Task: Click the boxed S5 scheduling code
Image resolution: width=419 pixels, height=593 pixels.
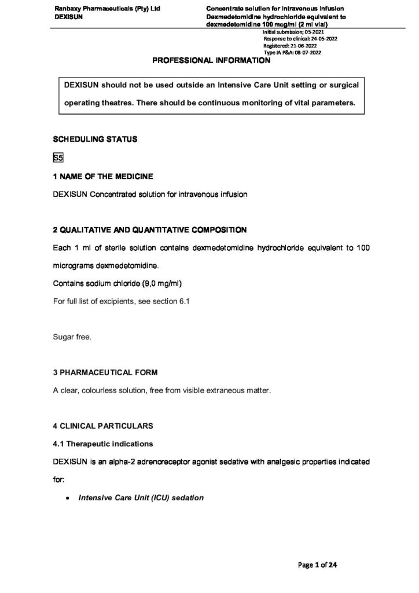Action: click(x=58, y=158)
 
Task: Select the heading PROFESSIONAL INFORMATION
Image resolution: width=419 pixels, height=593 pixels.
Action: click(x=210, y=60)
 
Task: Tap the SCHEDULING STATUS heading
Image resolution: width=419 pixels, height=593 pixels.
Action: click(x=95, y=140)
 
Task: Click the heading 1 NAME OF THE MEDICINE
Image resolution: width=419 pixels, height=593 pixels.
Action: click(x=103, y=176)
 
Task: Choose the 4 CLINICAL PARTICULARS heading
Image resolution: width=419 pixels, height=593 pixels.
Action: click(x=103, y=426)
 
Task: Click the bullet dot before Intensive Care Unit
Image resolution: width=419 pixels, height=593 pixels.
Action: click(x=68, y=498)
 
